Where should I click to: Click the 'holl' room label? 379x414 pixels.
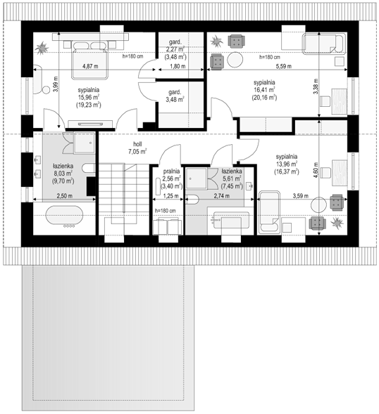click(x=137, y=144)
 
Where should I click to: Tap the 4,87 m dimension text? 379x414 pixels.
click(x=90, y=66)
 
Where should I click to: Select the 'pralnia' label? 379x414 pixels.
click(x=171, y=171)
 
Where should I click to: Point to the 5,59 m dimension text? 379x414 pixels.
click(x=284, y=66)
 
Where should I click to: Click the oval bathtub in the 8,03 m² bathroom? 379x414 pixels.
click(x=64, y=215)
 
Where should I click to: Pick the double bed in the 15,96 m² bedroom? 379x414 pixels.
click(x=89, y=60)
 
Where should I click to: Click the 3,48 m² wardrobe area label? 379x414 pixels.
click(x=175, y=100)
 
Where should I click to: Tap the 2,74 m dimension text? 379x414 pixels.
click(x=221, y=195)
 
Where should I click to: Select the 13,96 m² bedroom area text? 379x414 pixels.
click(x=287, y=164)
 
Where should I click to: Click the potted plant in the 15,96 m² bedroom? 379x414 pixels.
click(x=42, y=48)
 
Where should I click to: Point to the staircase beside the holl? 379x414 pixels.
click(x=124, y=194)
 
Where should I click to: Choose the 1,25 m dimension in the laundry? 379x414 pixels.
click(x=170, y=196)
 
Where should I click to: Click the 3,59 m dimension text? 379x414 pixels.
click(x=300, y=195)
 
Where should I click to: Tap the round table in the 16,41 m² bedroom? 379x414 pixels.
click(x=235, y=60)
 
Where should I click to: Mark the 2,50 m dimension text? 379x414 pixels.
click(x=65, y=195)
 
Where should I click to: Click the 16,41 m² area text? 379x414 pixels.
click(x=264, y=90)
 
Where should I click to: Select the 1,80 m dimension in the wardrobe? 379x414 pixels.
click(x=178, y=66)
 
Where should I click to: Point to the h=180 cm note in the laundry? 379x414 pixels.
click(x=165, y=211)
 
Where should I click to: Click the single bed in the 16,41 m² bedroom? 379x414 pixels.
click(x=325, y=44)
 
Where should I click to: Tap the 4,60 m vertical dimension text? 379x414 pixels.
click(x=316, y=170)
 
